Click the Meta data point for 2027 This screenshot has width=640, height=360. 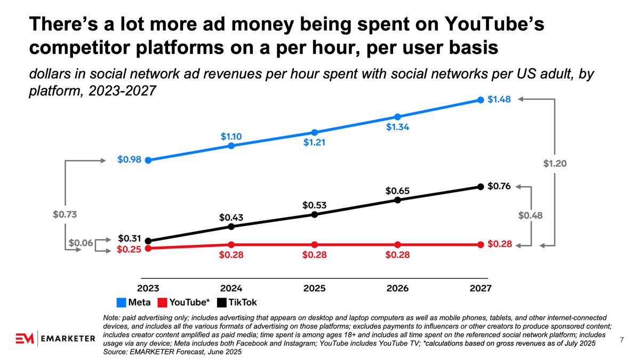tap(481, 100)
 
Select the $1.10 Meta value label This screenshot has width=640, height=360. tap(231, 136)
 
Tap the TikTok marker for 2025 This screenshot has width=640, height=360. tap(315, 214)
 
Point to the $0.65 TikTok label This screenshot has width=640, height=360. tap(397, 190)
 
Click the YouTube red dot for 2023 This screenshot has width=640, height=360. tap(148, 248)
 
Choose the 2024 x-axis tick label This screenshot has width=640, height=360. tap(231, 289)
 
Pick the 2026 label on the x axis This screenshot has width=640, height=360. tap(397, 289)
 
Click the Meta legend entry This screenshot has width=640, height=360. tap(133, 302)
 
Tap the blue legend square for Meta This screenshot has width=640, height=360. tap(121, 303)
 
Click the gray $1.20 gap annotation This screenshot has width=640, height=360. tap(555, 163)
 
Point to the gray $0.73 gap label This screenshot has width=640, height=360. tap(65, 215)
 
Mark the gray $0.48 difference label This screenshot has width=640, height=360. tap(530, 215)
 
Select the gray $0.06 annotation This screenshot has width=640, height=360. tap(81, 243)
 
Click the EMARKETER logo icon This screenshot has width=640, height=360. tap(25, 339)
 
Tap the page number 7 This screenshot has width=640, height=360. tap(622, 339)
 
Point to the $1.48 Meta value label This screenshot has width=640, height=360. tap(499, 100)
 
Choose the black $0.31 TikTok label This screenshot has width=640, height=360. tap(129, 238)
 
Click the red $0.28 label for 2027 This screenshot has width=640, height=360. tap(500, 244)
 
